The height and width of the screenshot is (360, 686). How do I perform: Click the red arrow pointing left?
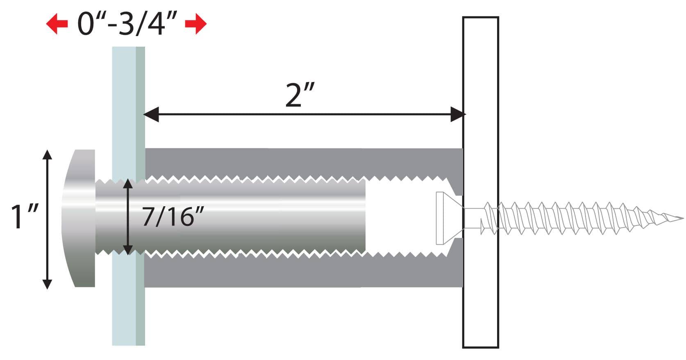[x=57, y=24]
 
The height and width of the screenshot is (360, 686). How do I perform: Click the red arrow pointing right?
[x=196, y=24]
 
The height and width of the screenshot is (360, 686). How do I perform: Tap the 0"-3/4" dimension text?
[x=127, y=24]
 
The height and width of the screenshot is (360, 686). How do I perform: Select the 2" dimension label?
[x=300, y=95]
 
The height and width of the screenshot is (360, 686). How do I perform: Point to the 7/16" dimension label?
[x=173, y=216]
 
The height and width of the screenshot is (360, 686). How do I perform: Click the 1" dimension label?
[x=25, y=216]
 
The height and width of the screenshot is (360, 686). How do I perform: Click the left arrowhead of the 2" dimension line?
[x=151, y=114]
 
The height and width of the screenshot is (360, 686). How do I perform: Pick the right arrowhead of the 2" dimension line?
[x=458, y=114]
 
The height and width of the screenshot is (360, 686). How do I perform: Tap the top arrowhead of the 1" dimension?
[x=47, y=155]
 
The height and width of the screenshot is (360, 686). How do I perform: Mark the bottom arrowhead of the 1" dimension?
[x=47, y=284]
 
